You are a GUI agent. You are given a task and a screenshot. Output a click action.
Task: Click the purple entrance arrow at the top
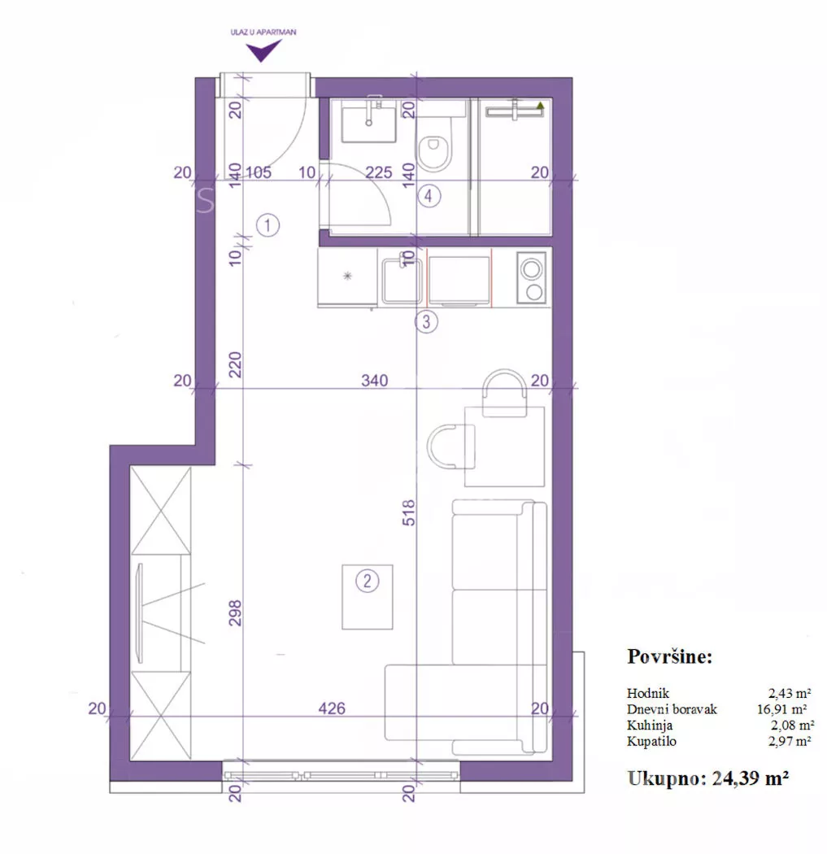(263, 51)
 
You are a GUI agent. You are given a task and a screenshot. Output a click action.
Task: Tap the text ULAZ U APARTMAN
(263, 33)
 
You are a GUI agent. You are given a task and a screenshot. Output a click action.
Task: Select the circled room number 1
(268, 225)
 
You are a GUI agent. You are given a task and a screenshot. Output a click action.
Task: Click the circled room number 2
(367, 582)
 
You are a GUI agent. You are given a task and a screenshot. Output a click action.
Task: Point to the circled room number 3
(426, 321)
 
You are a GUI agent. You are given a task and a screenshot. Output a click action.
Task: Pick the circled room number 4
(429, 196)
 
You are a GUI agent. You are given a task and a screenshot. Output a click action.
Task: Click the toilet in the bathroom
(434, 142)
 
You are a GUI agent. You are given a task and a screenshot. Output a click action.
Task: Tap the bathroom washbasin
(368, 124)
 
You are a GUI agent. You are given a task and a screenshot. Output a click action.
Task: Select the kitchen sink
(402, 281)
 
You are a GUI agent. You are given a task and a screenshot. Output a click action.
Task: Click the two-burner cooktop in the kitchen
(531, 277)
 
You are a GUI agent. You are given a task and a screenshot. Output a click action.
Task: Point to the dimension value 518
(409, 512)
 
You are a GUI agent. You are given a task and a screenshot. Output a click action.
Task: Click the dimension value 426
(332, 708)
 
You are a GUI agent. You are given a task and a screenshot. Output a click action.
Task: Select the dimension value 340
(375, 380)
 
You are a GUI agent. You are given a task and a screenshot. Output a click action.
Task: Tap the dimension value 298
(235, 612)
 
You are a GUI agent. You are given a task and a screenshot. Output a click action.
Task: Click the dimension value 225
(379, 172)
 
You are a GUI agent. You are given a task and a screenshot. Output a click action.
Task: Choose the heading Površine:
(670, 657)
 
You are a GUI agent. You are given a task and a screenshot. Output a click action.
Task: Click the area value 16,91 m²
(781, 709)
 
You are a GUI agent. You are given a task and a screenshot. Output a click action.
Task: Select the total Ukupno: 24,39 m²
(708, 778)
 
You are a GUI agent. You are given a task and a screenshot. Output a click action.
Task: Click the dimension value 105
(258, 172)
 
